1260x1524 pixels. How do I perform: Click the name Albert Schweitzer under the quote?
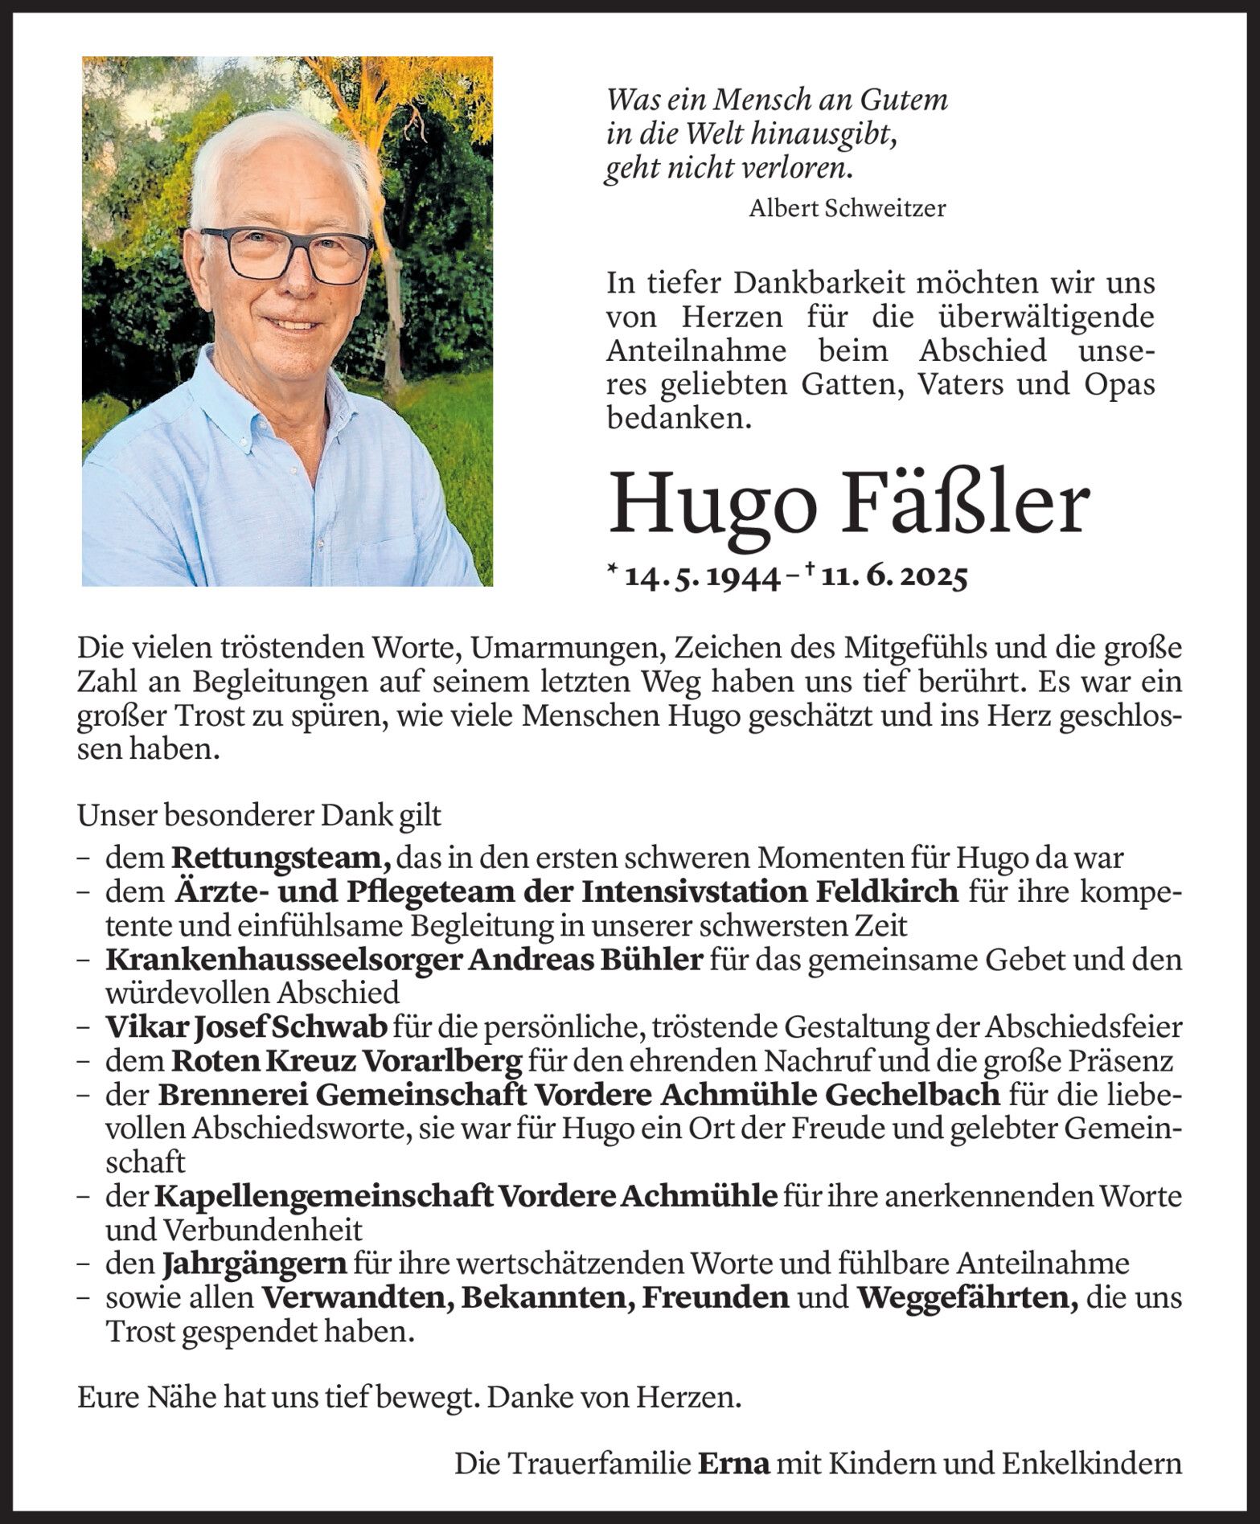tap(847, 209)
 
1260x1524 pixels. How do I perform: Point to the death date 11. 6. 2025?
tap(893, 577)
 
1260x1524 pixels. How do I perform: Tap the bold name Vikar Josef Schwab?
tap(247, 1026)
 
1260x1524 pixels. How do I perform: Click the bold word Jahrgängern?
tap(254, 1263)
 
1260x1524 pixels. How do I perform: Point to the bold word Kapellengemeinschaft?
tap(323, 1195)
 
